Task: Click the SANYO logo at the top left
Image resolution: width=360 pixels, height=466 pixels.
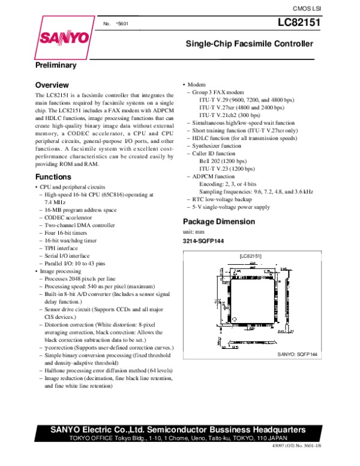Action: [65, 39]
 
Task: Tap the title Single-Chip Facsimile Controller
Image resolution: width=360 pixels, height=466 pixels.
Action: [249, 44]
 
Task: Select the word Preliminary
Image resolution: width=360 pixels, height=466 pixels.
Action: [56, 65]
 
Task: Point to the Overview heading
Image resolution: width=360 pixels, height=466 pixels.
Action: [52, 85]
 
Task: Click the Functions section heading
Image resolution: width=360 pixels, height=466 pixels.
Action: [53, 177]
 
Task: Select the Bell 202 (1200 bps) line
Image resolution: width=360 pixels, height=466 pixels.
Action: [223, 162]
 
